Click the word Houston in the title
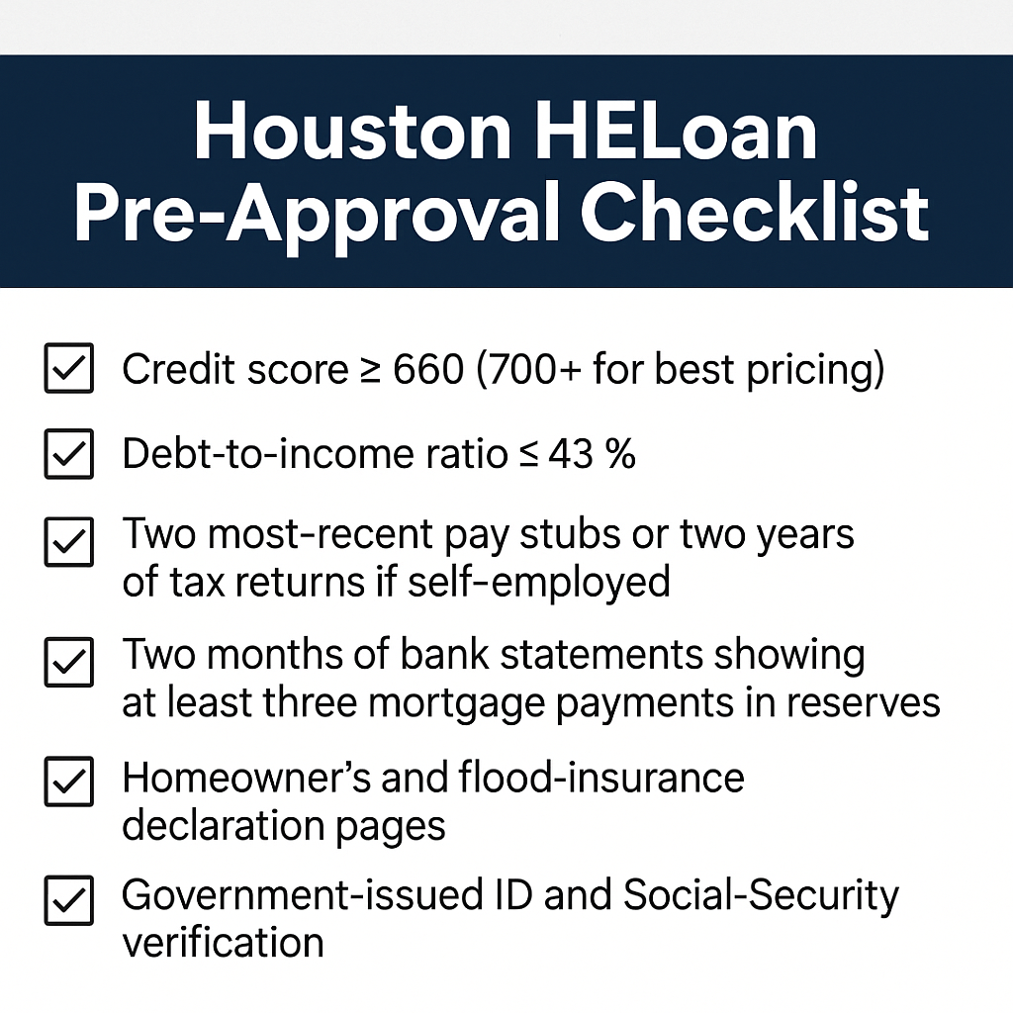tap(353, 132)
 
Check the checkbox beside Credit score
tap(69, 368)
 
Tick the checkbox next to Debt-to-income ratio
tap(69, 453)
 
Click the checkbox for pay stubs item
tap(69, 541)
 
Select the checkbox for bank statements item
tap(69, 662)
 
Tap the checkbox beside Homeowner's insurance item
tap(69, 782)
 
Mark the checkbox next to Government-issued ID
tap(69, 900)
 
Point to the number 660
tap(428, 370)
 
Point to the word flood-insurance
tap(601, 777)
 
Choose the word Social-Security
tap(761, 897)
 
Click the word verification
tap(223, 943)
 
